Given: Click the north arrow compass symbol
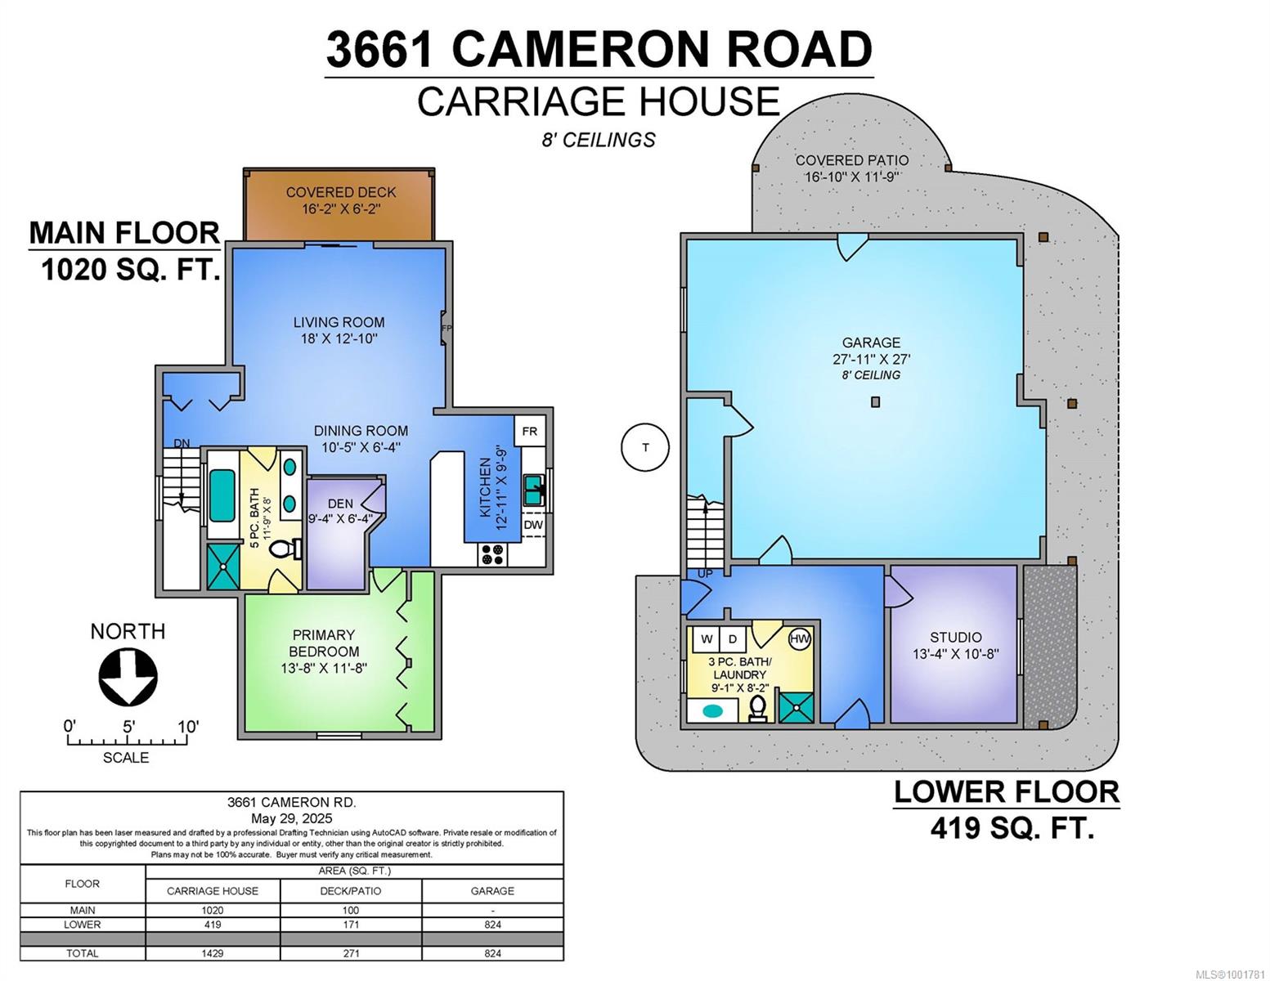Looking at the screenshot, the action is pyautogui.click(x=128, y=678).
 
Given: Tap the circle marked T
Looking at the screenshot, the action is pyautogui.click(x=645, y=447).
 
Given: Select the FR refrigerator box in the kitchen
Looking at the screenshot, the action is pyautogui.click(x=530, y=431).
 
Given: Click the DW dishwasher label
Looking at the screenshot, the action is pyautogui.click(x=533, y=525).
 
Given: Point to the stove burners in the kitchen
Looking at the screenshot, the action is pyautogui.click(x=492, y=554).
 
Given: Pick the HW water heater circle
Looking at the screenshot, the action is pyautogui.click(x=800, y=638).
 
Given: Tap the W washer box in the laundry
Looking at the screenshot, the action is pyautogui.click(x=706, y=638).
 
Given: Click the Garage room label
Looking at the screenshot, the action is pyautogui.click(x=871, y=343).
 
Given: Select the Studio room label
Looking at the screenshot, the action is pyautogui.click(x=956, y=637).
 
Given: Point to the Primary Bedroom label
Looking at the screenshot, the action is pyautogui.click(x=323, y=643).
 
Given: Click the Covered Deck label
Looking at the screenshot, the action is pyautogui.click(x=341, y=192).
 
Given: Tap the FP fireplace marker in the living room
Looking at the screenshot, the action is pyautogui.click(x=447, y=329).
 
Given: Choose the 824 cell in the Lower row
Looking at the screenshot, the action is pyautogui.click(x=492, y=925).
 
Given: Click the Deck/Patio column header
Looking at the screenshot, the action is pyautogui.click(x=351, y=891).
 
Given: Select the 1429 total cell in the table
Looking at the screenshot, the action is pyautogui.click(x=212, y=953).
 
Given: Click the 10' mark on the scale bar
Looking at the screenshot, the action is pyautogui.click(x=188, y=727).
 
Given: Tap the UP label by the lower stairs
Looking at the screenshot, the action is pyautogui.click(x=705, y=574).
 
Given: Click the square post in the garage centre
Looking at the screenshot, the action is pyautogui.click(x=875, y=402).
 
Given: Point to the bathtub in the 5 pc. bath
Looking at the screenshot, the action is pyautogui.click(x=222, y=496).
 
